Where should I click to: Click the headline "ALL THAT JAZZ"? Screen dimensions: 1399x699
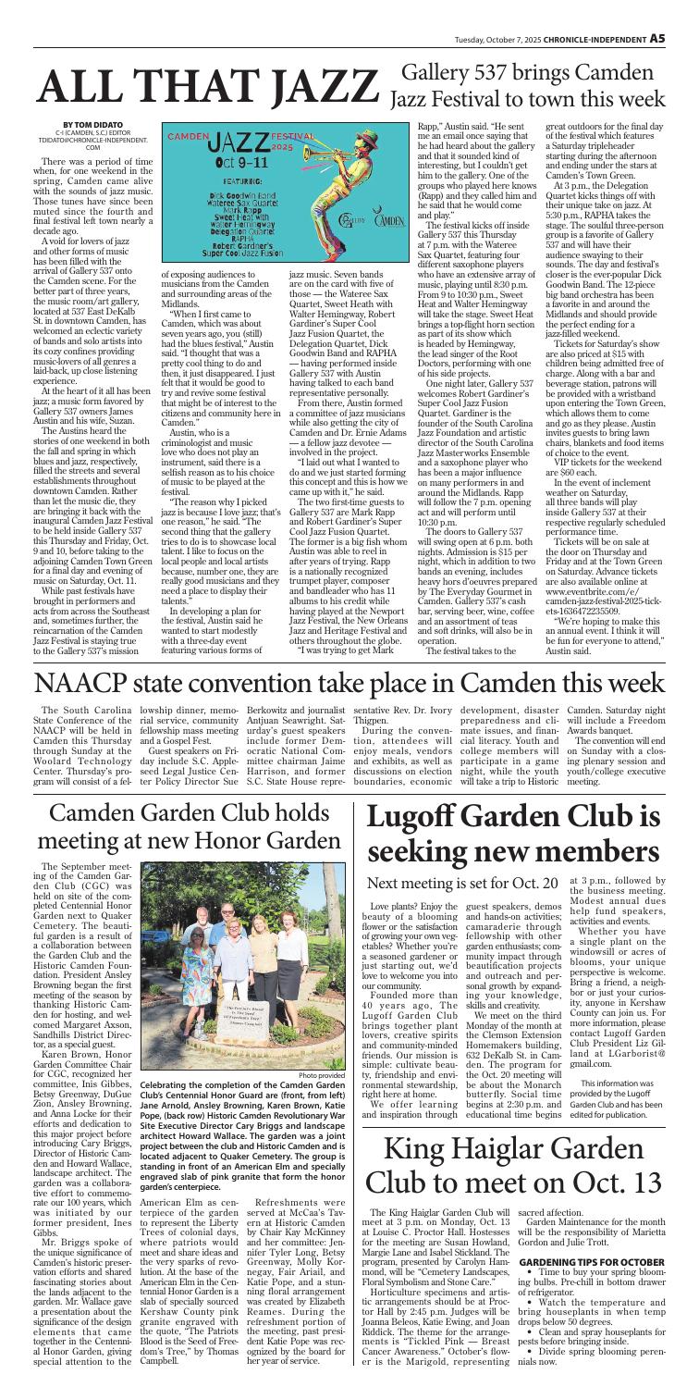(x=200, y=83)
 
